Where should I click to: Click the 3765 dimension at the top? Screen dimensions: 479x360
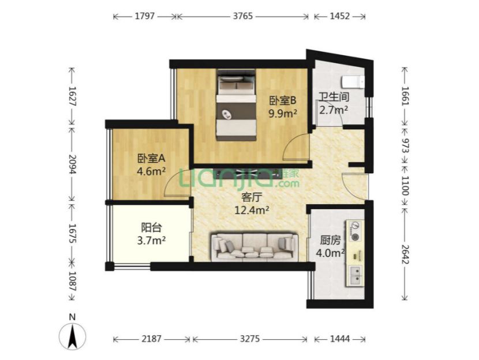(243, 16)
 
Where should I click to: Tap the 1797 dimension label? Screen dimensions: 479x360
(145, 16)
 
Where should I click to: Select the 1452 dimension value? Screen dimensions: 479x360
(340, 16)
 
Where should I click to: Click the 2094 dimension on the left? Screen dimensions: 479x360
(72, 164)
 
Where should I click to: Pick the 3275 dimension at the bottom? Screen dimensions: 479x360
(250, 339)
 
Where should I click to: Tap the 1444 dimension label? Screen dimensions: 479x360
(340, 339)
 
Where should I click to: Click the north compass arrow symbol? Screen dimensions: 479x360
(72, 336)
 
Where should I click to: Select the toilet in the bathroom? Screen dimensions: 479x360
(353, 82)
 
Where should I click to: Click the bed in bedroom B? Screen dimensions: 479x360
(236, 105)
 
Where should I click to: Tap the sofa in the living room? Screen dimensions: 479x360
(254, 247)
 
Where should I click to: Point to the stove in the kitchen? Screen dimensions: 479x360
(355, 231)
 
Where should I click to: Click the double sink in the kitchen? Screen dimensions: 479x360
(355, 275)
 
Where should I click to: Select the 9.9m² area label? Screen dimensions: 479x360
(283, 114)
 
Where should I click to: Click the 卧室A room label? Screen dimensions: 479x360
(151, 158)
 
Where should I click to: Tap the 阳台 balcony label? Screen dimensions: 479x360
(152, 227)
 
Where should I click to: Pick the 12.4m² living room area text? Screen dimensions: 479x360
(252, 210)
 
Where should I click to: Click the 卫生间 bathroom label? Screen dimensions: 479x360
(334, 97)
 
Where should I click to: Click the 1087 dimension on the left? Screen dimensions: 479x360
(72, 281)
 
